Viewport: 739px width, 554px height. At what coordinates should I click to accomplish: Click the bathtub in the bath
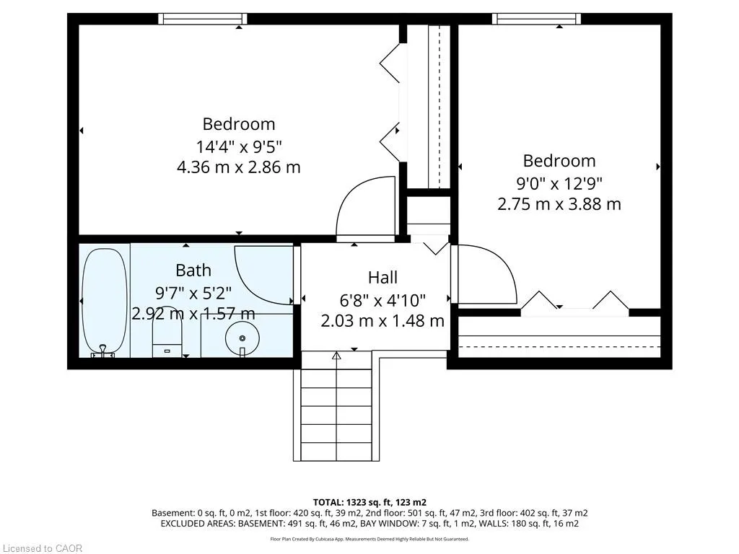[x=105, y=302]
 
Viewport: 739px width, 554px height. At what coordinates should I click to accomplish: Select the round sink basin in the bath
[x=242, y=338]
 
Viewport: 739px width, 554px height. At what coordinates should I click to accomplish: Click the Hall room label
[x=382, y=278]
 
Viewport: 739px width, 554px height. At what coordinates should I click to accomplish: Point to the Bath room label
[x=193, y=271]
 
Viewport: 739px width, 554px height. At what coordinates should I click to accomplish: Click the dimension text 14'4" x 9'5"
[x=239, y=146]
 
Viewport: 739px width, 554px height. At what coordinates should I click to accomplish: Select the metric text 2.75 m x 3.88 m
[x=559, y=204]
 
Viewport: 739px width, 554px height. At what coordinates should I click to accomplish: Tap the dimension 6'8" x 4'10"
[x=382, y=299]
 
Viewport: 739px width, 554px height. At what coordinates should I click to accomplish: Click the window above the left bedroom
[x=203, y=19]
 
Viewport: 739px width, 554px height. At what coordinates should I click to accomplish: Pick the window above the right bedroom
[x=536, y=19]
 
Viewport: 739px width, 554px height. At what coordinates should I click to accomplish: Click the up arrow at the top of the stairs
[x=336, y=356]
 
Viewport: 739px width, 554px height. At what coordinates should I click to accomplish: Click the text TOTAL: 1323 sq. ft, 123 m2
[x=369, y=502]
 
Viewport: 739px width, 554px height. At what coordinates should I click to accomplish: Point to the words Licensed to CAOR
[x=43, y=548]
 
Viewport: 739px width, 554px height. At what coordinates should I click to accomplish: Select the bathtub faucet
[x=102, y=351]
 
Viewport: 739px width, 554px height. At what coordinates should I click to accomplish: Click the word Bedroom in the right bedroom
[x=559, y=161]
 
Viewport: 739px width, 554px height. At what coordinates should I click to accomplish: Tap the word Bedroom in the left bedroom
[x=239, y=124]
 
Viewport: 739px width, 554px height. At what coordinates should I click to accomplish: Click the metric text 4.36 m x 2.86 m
[x=239, y=167]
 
